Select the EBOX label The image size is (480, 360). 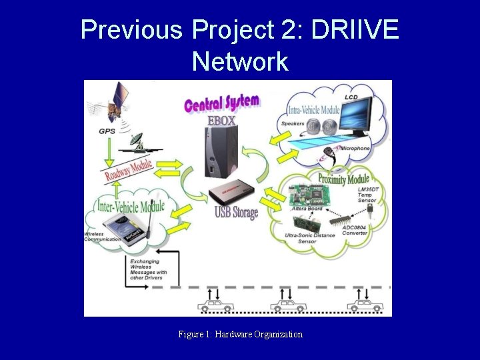pos(221,121)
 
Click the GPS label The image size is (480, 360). pos(106,131)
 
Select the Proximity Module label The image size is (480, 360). pos(343,179)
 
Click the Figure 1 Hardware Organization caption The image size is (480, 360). pos(240,334)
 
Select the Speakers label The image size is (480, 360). pos(293,123)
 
